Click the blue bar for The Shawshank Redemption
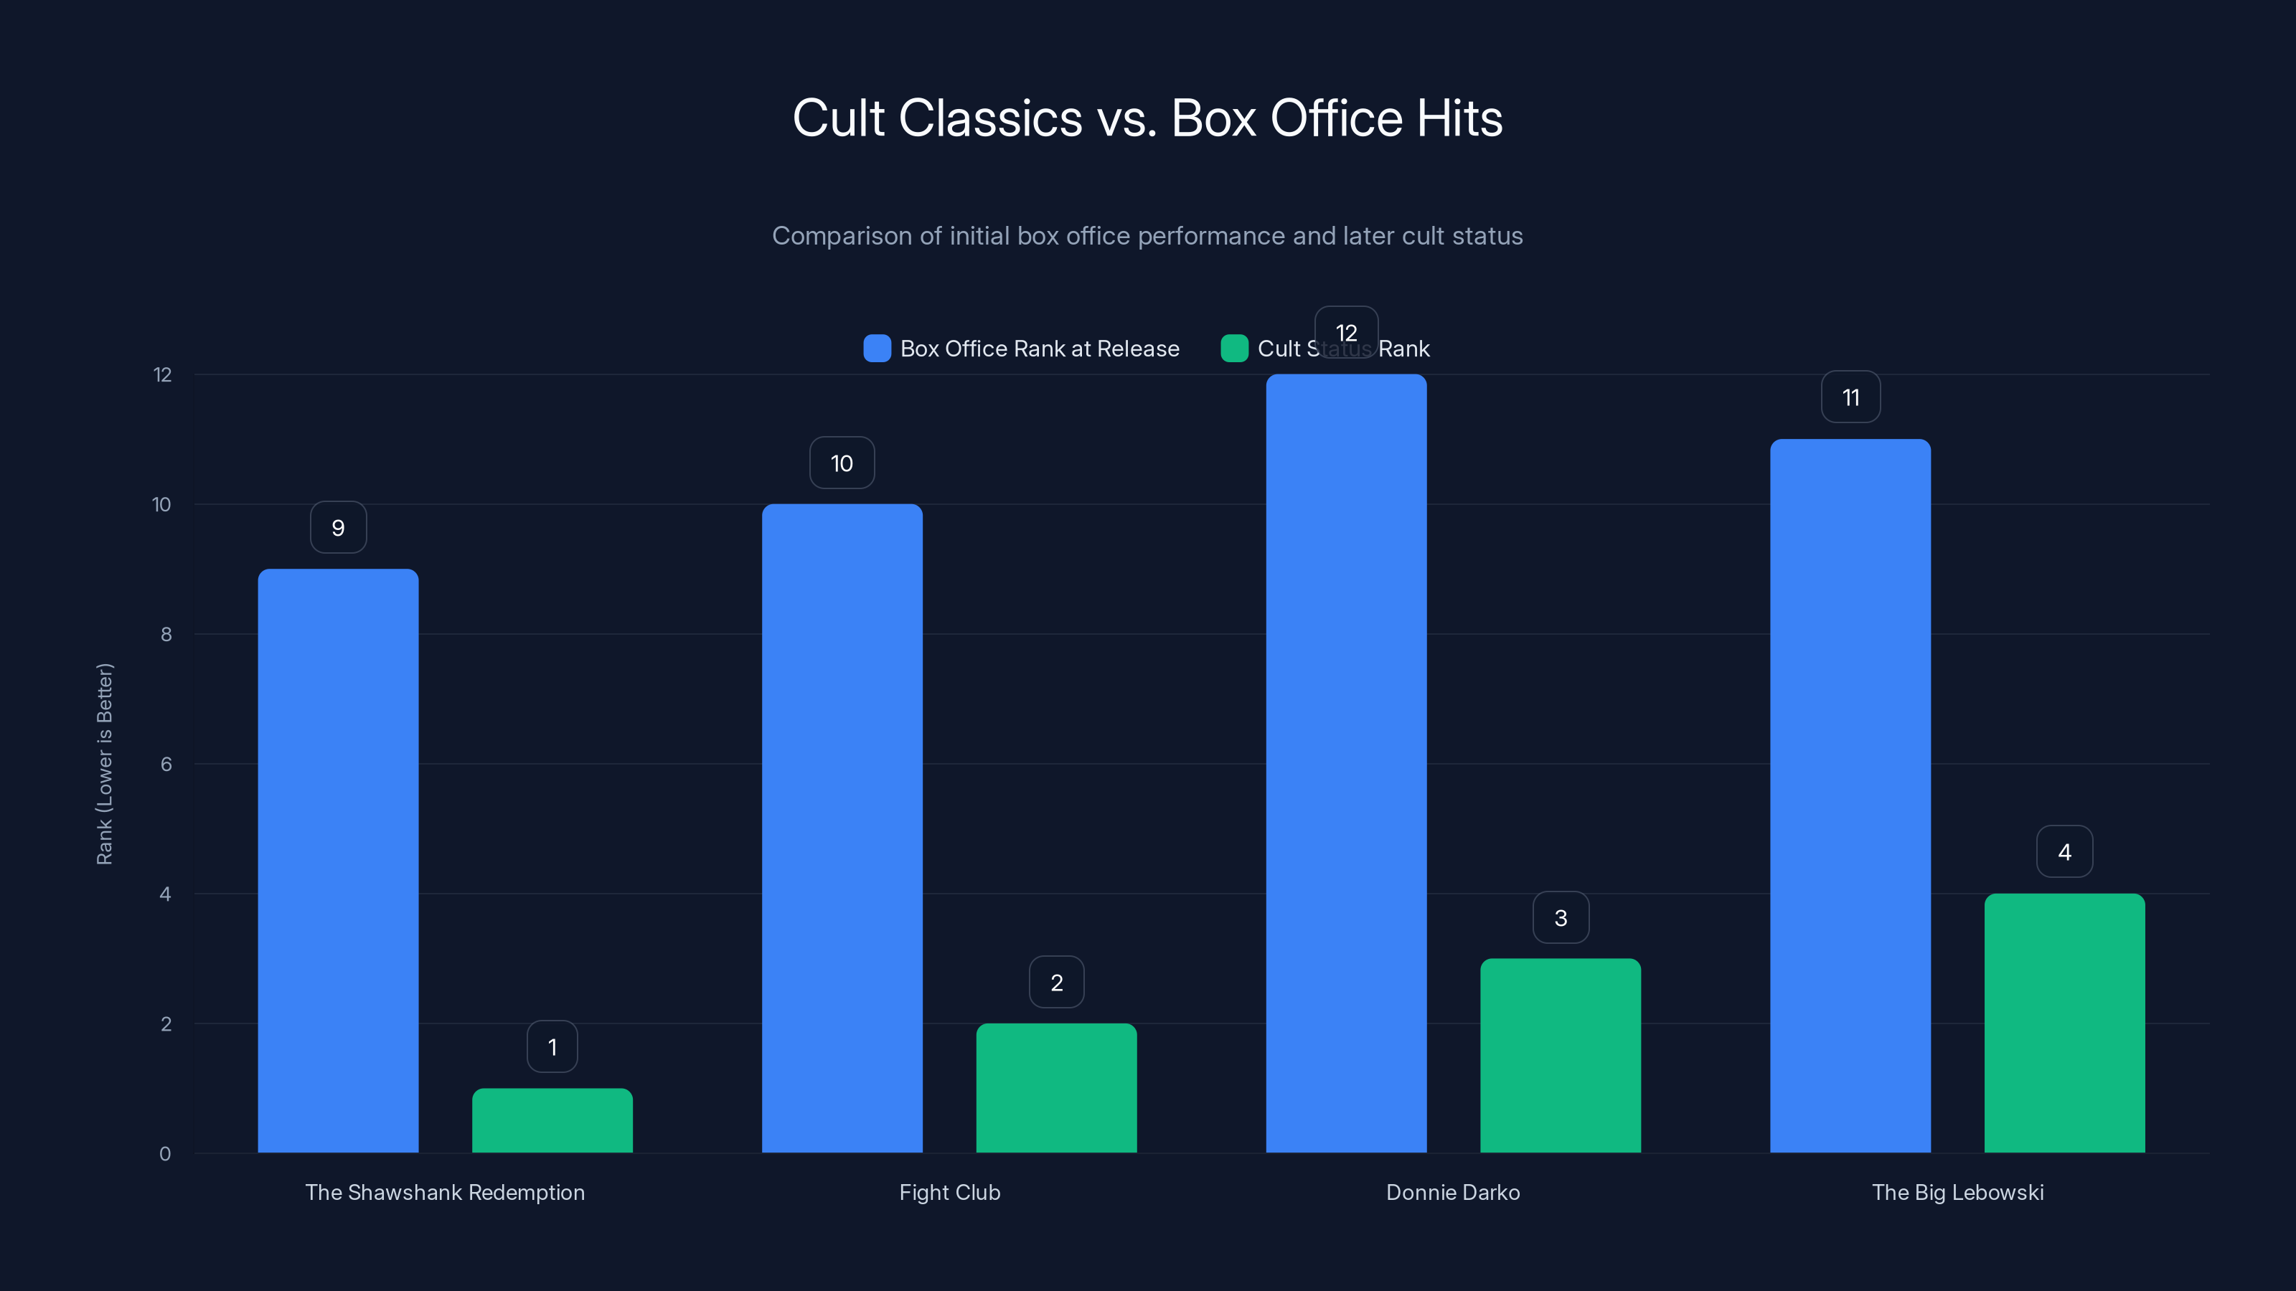[x=338, y=860]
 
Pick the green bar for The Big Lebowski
[x=2064, y=1023]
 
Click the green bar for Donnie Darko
[x=1560, y=1055]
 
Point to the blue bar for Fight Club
[x=842, y=828]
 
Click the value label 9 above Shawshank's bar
[x=338, y=527]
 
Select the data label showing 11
[x=1850, y=397]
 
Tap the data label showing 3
[x=1561, y=918]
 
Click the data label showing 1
[x=552, y=1047]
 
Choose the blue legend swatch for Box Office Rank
[x=877, y=349]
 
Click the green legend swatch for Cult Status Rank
[x=1233, y=349]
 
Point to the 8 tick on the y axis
[x=166, y=634]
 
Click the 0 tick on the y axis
[x=165, y=1154]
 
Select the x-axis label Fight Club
[x=949, y=1192]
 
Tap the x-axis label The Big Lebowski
[x=1957, y=1192]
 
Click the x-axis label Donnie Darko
[x=1453, y=1192]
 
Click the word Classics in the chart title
[x=990, y=118]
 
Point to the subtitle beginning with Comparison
[x=1147, y=236]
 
